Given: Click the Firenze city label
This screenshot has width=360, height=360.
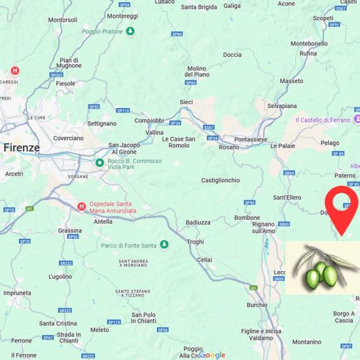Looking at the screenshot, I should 22,148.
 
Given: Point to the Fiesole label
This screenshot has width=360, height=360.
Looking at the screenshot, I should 66,84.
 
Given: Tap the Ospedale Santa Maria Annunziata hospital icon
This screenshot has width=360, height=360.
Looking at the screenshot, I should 81,207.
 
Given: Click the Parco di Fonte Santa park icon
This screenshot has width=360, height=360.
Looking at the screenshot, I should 164,245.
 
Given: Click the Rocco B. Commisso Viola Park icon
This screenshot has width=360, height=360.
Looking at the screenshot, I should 99,162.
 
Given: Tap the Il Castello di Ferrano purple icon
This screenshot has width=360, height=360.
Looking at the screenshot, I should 357,120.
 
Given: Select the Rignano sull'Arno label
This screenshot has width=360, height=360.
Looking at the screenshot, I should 263,227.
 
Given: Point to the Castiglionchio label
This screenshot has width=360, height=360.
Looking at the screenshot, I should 221,180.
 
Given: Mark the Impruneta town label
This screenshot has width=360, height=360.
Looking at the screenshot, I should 17,293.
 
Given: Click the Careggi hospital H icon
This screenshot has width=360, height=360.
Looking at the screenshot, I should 15,71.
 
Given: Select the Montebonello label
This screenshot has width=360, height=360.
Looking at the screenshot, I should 309,43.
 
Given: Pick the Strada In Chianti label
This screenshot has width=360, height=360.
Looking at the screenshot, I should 69,337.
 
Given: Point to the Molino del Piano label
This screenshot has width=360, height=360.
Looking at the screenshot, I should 196,71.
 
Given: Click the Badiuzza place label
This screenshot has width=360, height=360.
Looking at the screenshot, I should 198,222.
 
